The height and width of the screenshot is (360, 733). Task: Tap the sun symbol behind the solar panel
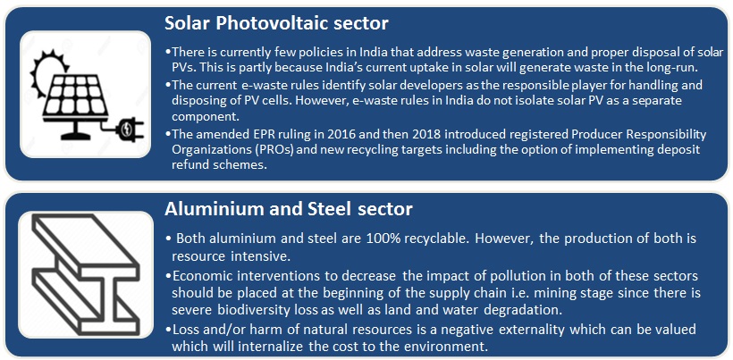[46, 69]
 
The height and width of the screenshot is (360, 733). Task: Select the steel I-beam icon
[86, 274]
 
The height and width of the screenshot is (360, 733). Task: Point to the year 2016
[317, 135]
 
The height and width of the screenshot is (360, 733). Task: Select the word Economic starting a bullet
[205, 276]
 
